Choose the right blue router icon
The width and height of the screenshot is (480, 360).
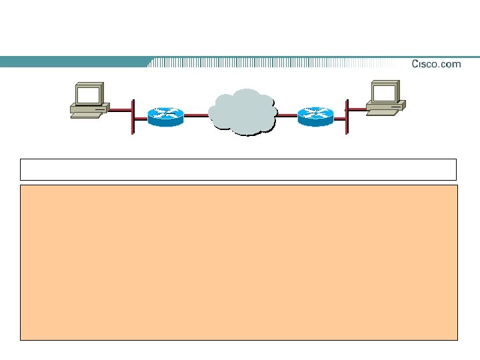point(315,116)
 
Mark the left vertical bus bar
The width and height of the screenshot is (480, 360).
point(133,117)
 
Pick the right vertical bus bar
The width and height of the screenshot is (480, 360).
point(347,117)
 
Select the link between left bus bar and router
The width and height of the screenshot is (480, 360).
point(141,116)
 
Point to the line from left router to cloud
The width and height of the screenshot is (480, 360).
point(197,115)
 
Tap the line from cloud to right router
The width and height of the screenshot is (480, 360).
point(287,115)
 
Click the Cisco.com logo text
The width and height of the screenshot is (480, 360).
point(436,64)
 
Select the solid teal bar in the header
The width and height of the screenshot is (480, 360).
point(73,62)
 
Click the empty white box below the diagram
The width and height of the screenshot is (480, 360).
point(238,169)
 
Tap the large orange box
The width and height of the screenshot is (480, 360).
point(239,263)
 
